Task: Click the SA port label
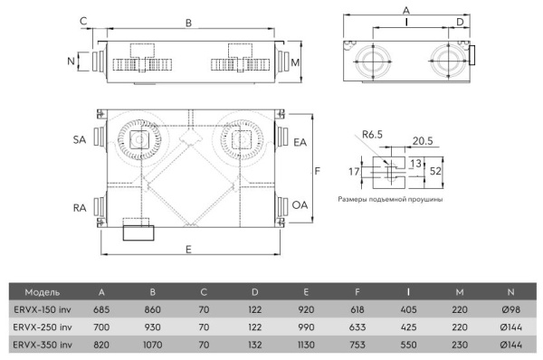80,140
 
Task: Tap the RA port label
80,208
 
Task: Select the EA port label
300,142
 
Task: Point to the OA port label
300,205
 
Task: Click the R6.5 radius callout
372,134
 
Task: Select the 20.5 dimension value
423,140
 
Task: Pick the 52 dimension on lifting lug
435,171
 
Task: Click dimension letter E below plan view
188,250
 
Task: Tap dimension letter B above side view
188,23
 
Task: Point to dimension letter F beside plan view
318,171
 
